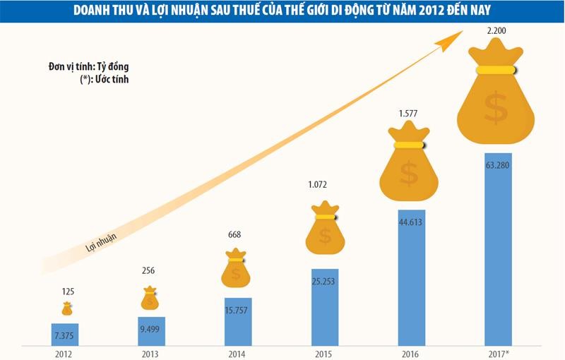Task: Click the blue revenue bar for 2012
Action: coord(67,330)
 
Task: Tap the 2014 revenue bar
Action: coord(238,321)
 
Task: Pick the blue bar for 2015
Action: coord(325,307)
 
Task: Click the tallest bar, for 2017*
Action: coord(498,247)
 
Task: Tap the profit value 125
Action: coord(67,290)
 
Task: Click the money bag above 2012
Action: coord(67,308)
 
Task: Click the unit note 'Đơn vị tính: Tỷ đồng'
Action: coord(83,66)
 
